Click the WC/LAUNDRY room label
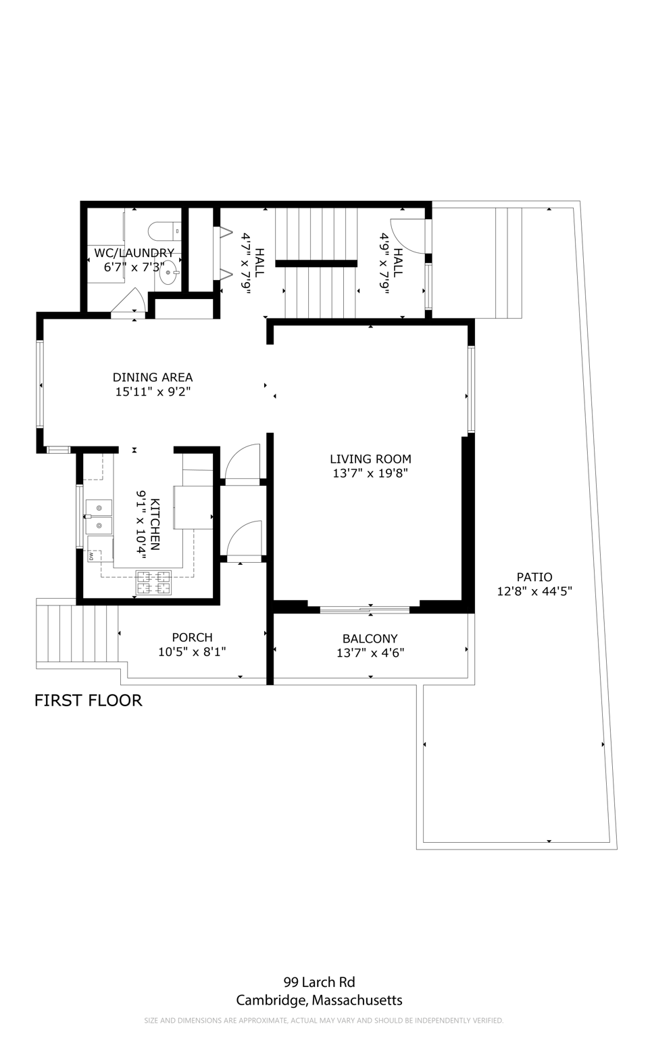134,253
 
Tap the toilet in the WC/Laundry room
164,230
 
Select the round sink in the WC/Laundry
168,273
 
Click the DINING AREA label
153,377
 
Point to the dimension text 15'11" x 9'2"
153,392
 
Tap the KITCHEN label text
155,524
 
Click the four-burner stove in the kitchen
153,582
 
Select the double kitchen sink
98,516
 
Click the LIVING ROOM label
370,459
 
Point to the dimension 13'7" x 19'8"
370,474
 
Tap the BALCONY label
370,639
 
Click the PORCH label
192,637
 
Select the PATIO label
534,577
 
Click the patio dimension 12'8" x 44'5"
534,591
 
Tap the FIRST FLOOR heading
88,700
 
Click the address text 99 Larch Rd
320,982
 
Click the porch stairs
77,634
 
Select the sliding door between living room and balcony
364,609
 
